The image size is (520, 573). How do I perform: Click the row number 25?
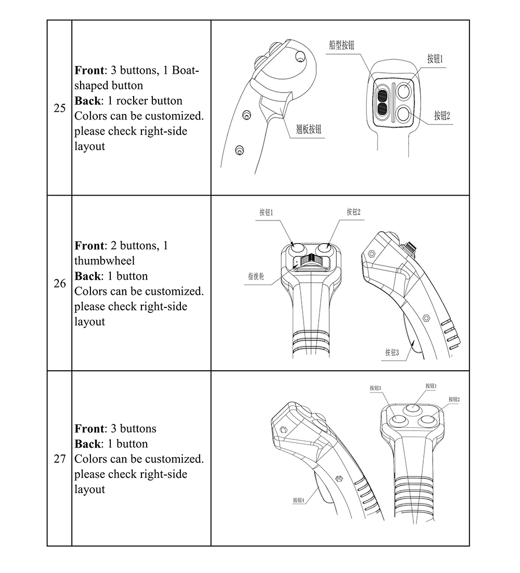60,108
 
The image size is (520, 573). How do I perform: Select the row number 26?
60,283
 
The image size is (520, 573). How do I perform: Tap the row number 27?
60,459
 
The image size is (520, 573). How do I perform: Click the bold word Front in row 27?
89,429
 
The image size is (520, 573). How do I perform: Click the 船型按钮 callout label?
342,45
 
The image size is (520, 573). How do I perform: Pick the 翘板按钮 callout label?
309,129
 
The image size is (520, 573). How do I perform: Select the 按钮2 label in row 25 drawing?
442,115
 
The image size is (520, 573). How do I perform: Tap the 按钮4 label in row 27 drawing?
298,500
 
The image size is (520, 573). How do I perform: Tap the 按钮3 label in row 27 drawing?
375,388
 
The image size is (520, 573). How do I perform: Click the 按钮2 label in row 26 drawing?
354,212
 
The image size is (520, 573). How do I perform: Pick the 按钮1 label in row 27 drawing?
431,386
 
